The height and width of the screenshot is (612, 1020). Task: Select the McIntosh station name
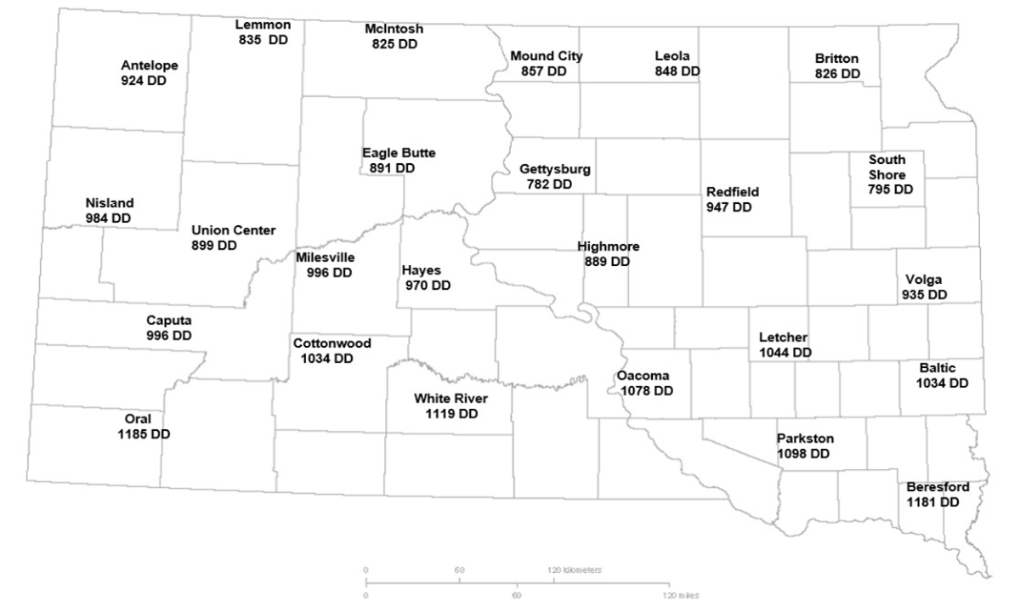(x=394, y=29)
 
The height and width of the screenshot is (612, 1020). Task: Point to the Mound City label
(x=547, y=56)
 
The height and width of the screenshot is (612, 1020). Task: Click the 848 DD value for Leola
(x=677, y=71)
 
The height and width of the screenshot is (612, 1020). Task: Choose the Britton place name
(x=836, y=59)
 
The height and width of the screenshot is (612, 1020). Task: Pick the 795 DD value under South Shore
(x=890, y=190)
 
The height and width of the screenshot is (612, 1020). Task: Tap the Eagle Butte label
(x=399, y=153)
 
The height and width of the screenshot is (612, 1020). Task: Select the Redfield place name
(x=732, y=192)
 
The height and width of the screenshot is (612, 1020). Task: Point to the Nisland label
(x=110, y=203)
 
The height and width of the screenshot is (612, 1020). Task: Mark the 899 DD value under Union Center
(x=214, y=246)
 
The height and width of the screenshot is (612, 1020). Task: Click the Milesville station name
(x=326, y=258)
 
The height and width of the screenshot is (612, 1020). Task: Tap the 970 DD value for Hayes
(x=426, y=286)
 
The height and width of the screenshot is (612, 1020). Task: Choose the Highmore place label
(x=608, y=246)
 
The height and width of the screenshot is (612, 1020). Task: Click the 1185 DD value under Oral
(x=144, y=433)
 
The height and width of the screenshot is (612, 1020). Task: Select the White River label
(x=450, y=398)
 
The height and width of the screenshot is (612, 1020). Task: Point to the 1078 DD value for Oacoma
(x=646, y=391)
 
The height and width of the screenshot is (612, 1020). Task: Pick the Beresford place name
(x=938, y=487)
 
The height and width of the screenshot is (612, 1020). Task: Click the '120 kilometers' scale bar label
(x=575, y=570)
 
